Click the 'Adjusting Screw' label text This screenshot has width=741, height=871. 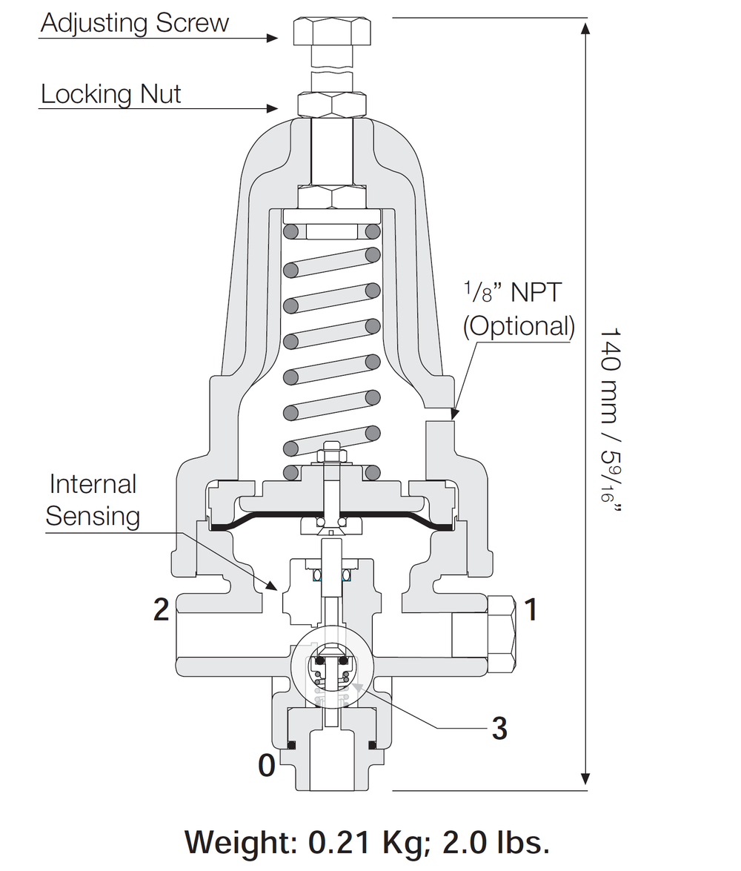(134, 23)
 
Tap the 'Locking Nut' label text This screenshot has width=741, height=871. (110, 94)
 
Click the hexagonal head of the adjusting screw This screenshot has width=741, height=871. (332, 32)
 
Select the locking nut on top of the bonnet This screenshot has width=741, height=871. (332, 105)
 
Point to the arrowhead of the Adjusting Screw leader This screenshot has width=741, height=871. (272, 39)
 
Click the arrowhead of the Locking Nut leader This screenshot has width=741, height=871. (272, 108)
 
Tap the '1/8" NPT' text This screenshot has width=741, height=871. (513, 292)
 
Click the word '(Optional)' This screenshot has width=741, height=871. (519, 326)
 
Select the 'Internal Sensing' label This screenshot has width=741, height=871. (93, 500)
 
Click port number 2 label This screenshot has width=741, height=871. (161, 610)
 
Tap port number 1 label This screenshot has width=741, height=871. (531, 610)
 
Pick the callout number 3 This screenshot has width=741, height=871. (499, 728)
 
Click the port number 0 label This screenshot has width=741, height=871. (267, 766)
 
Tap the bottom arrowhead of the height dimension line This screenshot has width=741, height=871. (585, 779)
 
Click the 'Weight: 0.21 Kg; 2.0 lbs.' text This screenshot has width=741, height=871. (368, 842)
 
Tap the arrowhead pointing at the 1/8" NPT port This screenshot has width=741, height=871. (453, 414)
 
